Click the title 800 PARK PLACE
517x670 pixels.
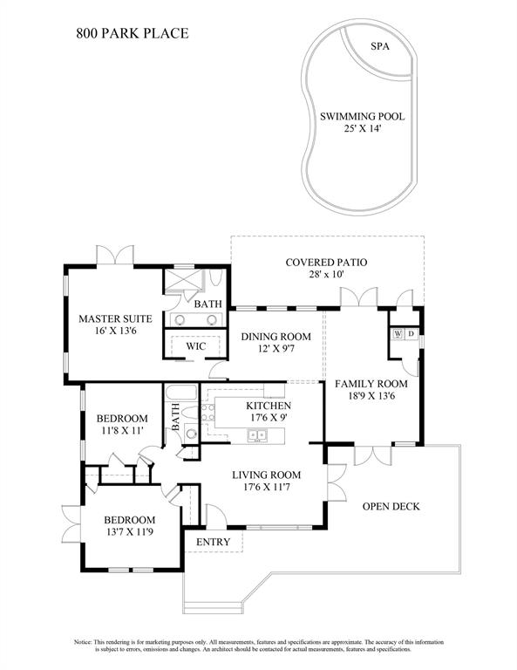tap(133, 33)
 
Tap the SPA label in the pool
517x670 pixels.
tap(380, 46)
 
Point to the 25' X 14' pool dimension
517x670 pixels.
tap(363, 128)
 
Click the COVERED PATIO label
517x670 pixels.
tap(326, 262)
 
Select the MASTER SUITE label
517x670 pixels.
tap(115, 318)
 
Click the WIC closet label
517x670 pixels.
tap(196, 346)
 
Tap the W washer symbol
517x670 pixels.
tap(398, 333)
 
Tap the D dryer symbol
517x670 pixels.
tap(412, 333)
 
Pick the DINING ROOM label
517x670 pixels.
tap(276, 337)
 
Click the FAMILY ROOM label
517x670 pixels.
tap(371, 384)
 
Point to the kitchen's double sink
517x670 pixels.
tap(257, 435)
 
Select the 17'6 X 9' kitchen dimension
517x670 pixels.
tap(269, 417)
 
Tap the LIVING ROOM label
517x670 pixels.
tap(267, 475)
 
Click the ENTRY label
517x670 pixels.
tap(213, 542)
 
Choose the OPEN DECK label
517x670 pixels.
tap(391, 506)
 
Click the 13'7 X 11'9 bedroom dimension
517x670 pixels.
tap(129, 531)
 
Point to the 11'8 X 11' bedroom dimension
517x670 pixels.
tap(122, 430)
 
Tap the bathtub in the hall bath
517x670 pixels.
tap(181, 393)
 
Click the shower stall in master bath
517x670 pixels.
tap(184, 280)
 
